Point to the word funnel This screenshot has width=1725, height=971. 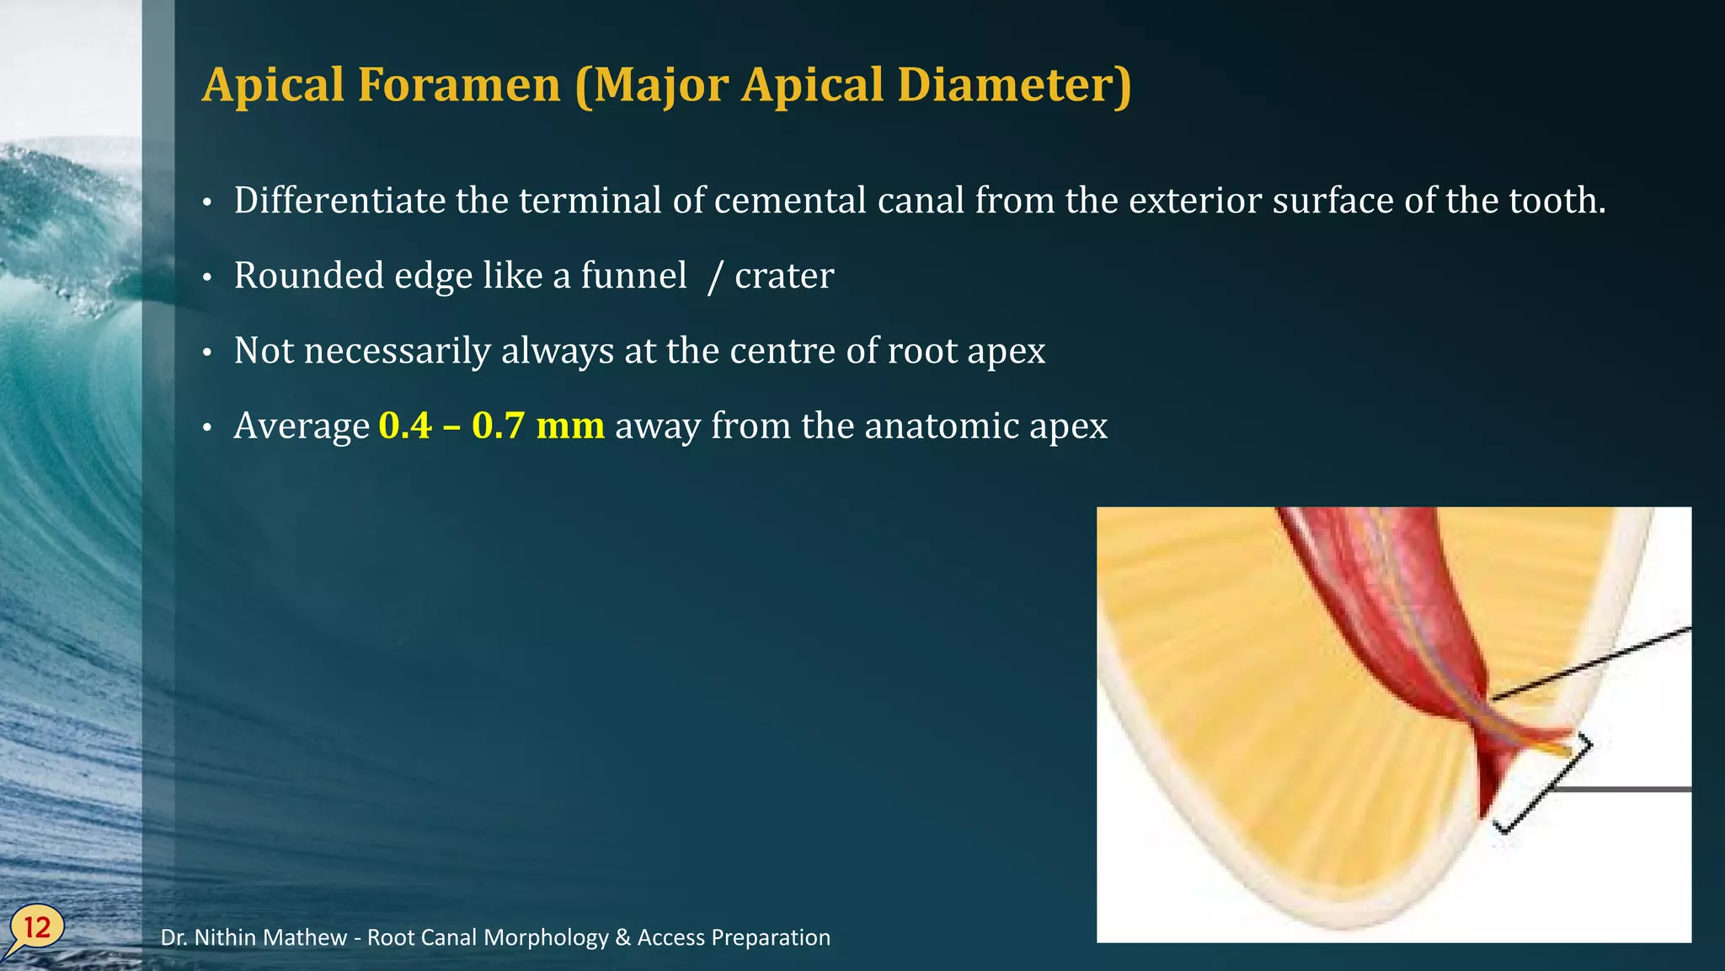pyautogui.click(x=633, y=276)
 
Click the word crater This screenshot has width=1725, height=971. pyautogui.click(x=784, y=276)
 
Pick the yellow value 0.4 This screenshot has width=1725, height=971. pyautogui.click(x=405, y=426)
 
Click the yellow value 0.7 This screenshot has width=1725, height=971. pyautogui.click(x=498, y=426)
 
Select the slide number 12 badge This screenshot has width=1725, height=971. pyautogui.click(x=37, y=928)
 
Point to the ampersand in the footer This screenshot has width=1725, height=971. pyautogui.click(x=622, y=937)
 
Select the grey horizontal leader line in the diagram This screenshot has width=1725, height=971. pyautogui.click(x=1621, y=790)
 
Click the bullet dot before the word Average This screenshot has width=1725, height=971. pyautogui.click(x=207, y=429)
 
